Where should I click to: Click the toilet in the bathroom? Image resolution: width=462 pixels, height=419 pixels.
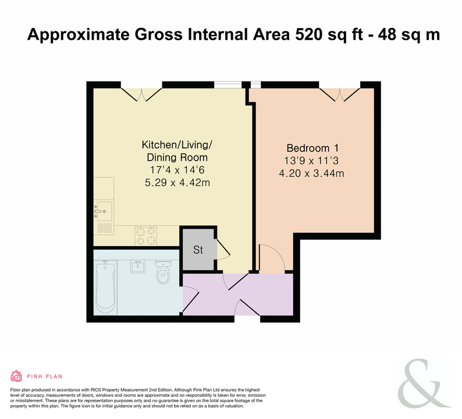(163, 271)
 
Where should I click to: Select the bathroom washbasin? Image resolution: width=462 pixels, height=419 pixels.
(137, 267)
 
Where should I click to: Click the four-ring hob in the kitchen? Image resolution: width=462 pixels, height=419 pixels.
(146, 236)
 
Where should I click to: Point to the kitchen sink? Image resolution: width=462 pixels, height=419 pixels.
(104, 211)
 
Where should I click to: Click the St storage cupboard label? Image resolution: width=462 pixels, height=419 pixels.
(198, 250)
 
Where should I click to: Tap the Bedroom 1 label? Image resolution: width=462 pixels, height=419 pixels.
(312, 148)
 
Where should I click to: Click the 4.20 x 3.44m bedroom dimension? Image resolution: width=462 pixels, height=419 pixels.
(311, 173)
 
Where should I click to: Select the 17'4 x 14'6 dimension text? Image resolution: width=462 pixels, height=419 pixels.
(177, 170)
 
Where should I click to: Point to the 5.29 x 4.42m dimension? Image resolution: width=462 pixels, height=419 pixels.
(177, 183)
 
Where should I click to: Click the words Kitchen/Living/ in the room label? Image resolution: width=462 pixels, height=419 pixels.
(177, 145)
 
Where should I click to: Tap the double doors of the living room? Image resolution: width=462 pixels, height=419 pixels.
(141, 94)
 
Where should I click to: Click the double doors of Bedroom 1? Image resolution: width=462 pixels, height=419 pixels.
(340, 94)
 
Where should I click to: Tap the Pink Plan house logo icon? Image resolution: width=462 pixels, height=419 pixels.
(16, 376)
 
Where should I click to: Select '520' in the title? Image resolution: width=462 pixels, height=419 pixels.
(308, 34)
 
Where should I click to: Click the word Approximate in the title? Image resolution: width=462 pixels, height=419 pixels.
(79, 35)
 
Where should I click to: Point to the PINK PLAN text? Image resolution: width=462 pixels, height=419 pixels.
(44, 377)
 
